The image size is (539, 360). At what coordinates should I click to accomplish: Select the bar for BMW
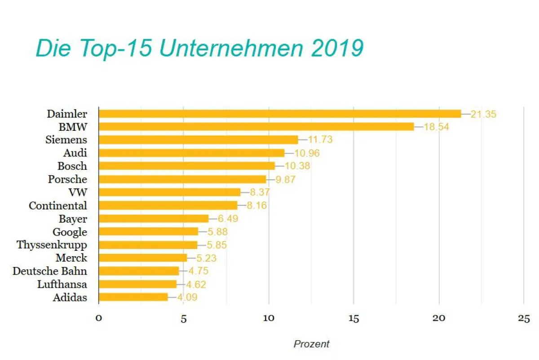click(x=256, y=127)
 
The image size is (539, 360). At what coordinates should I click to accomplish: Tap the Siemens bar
click(x=198, y=140)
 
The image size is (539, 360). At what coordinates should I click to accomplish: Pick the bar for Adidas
click(x=133, y=297)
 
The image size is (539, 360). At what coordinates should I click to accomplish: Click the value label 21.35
click(x=483, y=114)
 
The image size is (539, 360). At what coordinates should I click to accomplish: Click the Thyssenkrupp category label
click(x=52, y=245)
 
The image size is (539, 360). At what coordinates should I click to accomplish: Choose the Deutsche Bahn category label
click(x=49, y=271)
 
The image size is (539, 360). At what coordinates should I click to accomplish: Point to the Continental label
click(x=57, y=206)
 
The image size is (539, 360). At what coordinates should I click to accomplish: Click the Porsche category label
click(x=67, y=179)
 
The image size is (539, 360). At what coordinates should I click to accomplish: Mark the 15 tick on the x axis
click(x=353, y=318)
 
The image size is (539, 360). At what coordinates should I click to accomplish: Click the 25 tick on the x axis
click(x=524, y=318)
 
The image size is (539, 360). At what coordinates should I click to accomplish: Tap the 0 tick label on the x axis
click(x=99, y=318)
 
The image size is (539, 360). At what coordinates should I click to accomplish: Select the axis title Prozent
click(x=311, y=344)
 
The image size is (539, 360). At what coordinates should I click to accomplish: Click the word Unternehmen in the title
click(x=231, y=49)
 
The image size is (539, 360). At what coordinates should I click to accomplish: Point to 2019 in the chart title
click(x=337, y=49)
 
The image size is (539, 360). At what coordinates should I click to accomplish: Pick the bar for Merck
click(x=142, y=258)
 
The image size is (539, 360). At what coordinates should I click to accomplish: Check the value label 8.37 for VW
click(x=260, y=192)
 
